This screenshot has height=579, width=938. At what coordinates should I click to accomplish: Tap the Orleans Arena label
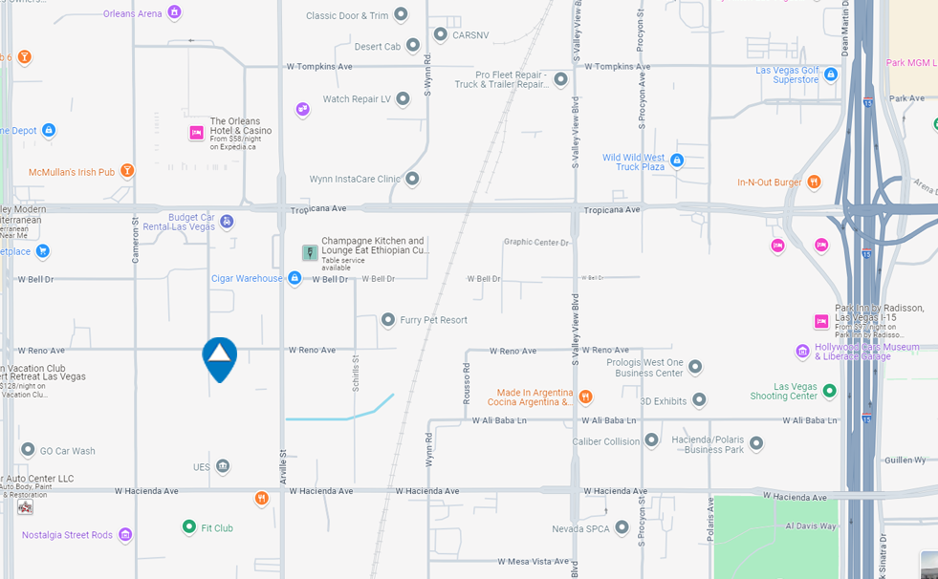(133, 13)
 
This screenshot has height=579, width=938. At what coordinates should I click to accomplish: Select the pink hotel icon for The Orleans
(196, 133)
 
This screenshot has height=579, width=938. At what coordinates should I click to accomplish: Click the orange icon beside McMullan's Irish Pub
(126, 171)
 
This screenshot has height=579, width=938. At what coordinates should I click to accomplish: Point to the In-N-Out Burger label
(769, 182)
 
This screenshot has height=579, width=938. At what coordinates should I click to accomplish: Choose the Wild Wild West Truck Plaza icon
(677, 161)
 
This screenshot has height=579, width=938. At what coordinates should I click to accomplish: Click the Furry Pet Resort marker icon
(388, 320)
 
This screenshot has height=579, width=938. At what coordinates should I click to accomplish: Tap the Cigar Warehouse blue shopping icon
(294, 278)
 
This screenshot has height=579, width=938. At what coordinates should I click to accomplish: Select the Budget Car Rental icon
(227, 222)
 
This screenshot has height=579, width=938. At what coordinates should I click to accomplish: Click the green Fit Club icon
(189, 526)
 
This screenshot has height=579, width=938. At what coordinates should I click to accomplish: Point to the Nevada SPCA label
(580, 528)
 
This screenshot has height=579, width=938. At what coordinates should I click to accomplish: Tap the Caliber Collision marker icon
(652, 440)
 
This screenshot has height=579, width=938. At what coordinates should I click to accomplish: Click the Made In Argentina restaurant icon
(585, 397)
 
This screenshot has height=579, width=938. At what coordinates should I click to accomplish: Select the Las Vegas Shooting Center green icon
(829, 391)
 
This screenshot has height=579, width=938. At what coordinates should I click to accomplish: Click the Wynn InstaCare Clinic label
(355, 179)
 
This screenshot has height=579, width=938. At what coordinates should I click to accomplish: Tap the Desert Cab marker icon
(413, 45)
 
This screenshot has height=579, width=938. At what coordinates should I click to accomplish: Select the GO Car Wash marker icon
(28, 450)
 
